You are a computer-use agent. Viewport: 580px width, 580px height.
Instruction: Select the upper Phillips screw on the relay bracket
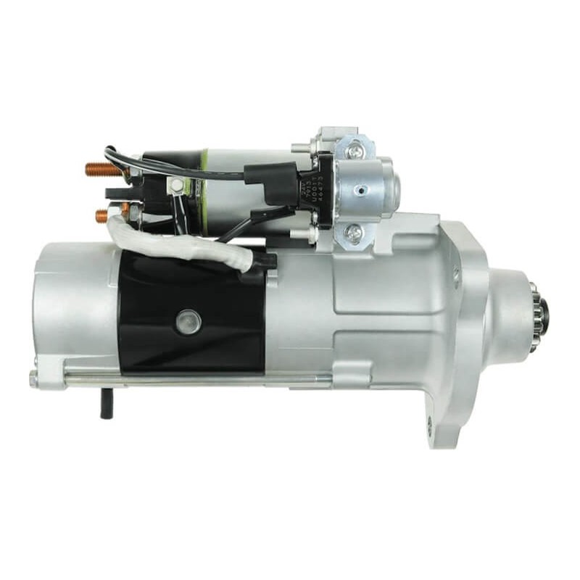coord(355,152)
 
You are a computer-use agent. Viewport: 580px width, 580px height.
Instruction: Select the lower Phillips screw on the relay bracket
coord(353,233)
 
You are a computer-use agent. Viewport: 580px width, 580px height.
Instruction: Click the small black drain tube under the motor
coord(106,403)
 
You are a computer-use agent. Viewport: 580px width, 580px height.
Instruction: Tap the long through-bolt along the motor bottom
coord(203,378)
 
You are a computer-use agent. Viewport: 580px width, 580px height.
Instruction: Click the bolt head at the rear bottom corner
coord(34,378)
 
